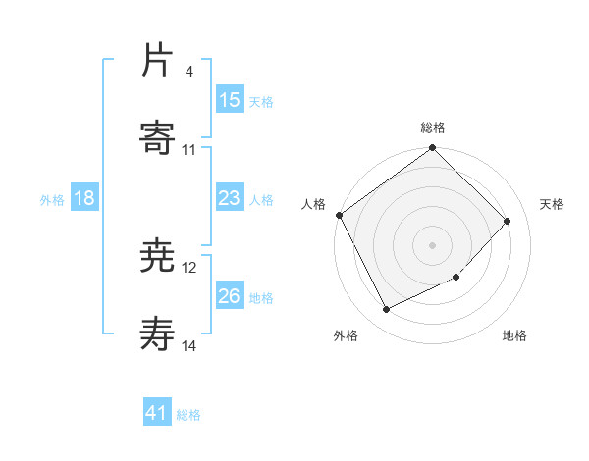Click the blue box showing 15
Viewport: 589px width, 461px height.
click(229, 100)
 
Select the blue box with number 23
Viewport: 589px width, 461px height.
click(229, 198)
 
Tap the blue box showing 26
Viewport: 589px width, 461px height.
click(229, 296)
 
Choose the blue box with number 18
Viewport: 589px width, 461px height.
click(84, 198)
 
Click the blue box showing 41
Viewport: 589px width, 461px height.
click(157, 413)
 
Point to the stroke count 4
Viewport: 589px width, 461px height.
click(188, 72)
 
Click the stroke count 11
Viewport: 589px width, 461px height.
click(189, 150)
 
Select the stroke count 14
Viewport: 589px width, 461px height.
click(189, 346)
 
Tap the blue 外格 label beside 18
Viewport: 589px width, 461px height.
click(51, 199)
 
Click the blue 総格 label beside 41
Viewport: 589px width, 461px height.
click(188, 415)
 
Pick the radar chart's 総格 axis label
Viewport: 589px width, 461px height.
click(433, 128)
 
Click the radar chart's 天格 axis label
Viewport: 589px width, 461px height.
click(553, 203)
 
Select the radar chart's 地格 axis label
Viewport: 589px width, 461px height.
click(514, 335)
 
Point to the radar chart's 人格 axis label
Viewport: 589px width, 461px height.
click(313, 203)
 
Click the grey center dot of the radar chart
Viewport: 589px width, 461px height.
click(432, 244)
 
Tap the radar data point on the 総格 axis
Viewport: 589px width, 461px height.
click(432, 149)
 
